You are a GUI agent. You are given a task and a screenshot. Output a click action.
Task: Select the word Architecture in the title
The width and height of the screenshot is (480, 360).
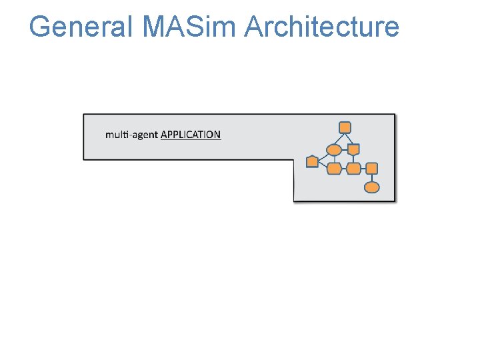pyautogui.click(x=322, y=27)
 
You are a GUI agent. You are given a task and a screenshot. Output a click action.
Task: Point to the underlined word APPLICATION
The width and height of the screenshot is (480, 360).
pyautogui.click(x=191, y=135)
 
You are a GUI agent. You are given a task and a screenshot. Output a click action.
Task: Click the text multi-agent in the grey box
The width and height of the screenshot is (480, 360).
pyautogui.click(x=131, y=135)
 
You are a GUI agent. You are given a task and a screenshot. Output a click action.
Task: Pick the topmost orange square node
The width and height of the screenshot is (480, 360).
pyautogui.click(x=345, y=127)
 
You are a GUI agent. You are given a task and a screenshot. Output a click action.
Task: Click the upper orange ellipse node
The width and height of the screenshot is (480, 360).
pyautogui.click(x=334, y=149)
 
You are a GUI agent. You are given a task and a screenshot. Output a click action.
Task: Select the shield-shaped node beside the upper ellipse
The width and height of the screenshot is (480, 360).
pyautogui.click(x=353, y=149)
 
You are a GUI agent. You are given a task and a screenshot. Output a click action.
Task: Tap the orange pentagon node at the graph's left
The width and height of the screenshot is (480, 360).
pyautogui.click(x=312, y=162)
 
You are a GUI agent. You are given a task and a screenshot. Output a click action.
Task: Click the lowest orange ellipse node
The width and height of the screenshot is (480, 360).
pyautogui.click(x=372, y=187)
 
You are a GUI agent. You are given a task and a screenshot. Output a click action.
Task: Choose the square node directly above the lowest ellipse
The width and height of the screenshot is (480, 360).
pyautogui.click(x=372, y=169)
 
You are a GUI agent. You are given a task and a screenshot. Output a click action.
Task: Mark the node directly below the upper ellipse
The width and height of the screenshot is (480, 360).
pyautogui.click(x=334, y=169)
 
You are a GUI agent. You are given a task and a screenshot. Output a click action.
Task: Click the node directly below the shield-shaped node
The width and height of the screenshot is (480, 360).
pyautogui.click(x=353, y=169)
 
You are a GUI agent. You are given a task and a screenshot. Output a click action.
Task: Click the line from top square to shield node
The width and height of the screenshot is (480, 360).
pyautogui.click(x=349, y=138)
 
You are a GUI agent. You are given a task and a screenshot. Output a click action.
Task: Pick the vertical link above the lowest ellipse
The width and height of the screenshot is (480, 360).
pyautogui.click(x=372, y=178)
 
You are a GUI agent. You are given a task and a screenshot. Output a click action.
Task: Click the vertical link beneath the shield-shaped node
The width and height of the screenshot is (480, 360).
pyautogui.click(x=353, y=159)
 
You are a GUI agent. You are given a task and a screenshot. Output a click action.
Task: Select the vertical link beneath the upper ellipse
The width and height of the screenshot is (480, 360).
pyautogui.click(x=334, y=159)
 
